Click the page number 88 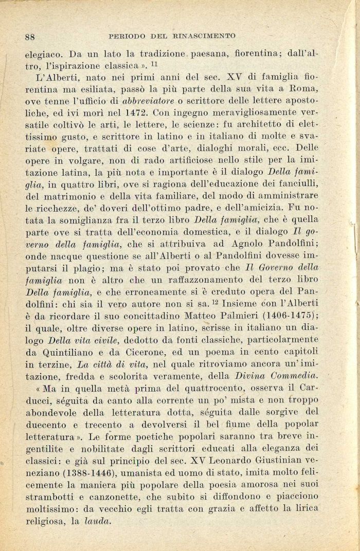[x=29, y=36]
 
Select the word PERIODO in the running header [x=127, y=36]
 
